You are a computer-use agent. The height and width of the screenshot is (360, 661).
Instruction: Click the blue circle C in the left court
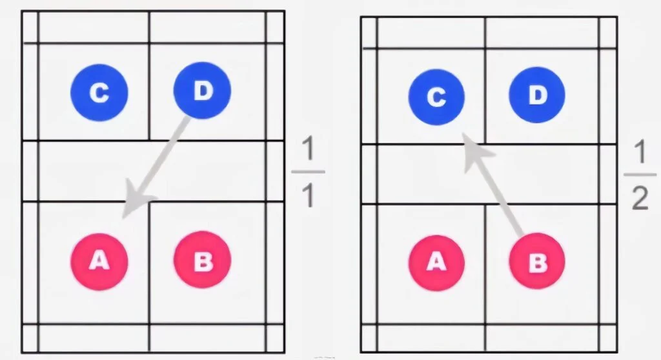99,92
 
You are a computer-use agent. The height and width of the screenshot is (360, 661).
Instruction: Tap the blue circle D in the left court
202,90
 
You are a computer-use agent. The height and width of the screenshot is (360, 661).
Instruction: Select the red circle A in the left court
99,262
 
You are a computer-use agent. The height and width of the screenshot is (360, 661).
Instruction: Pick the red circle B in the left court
202,259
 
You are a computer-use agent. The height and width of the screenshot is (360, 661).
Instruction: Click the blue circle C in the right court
436,97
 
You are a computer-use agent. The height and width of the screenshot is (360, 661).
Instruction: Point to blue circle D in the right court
537,95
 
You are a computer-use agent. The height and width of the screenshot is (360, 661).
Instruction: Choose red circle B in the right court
537,261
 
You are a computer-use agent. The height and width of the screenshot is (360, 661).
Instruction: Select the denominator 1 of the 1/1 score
309,195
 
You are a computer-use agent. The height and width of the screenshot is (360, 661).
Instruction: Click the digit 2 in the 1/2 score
640,198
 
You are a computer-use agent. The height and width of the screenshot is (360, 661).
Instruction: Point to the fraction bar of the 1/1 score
308,172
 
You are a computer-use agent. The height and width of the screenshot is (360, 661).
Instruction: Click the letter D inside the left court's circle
203,90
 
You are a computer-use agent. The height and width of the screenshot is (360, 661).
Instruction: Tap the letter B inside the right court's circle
538,262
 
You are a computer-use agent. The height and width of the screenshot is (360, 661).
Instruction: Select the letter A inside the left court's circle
99,260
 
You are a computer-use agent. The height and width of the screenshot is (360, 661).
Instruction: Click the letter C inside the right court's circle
436,97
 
